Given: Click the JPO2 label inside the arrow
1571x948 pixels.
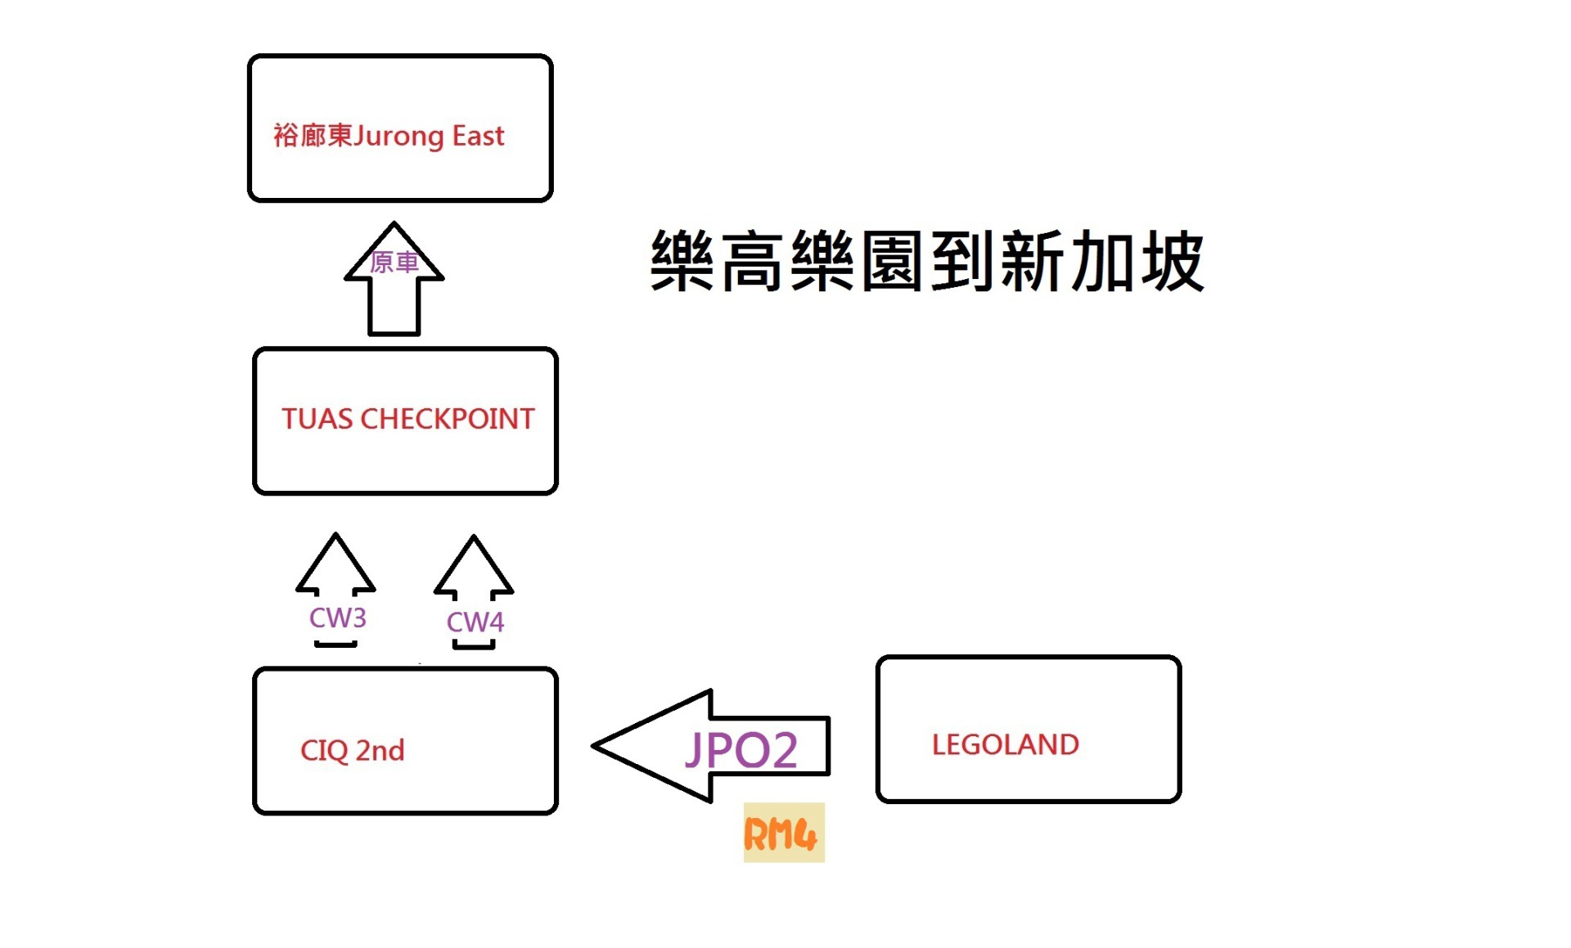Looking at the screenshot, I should pos(741,750).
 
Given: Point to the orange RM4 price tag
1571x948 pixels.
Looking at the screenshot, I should pos(783,833).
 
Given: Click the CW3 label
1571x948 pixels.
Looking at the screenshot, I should pos(337,618).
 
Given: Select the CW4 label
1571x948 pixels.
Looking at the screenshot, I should pos(475,622).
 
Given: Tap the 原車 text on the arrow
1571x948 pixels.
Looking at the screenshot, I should pos(394,263).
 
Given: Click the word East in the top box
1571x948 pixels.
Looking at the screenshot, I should pos(478,136).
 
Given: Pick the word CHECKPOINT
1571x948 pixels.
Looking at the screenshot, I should pos(447,420).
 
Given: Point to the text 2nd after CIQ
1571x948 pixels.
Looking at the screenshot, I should pos(380,751).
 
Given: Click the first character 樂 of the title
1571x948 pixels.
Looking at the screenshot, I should pos(682,262).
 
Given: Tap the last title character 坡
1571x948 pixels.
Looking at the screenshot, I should pos(1172,262).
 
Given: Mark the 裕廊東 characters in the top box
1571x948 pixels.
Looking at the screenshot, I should pos(312,136).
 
